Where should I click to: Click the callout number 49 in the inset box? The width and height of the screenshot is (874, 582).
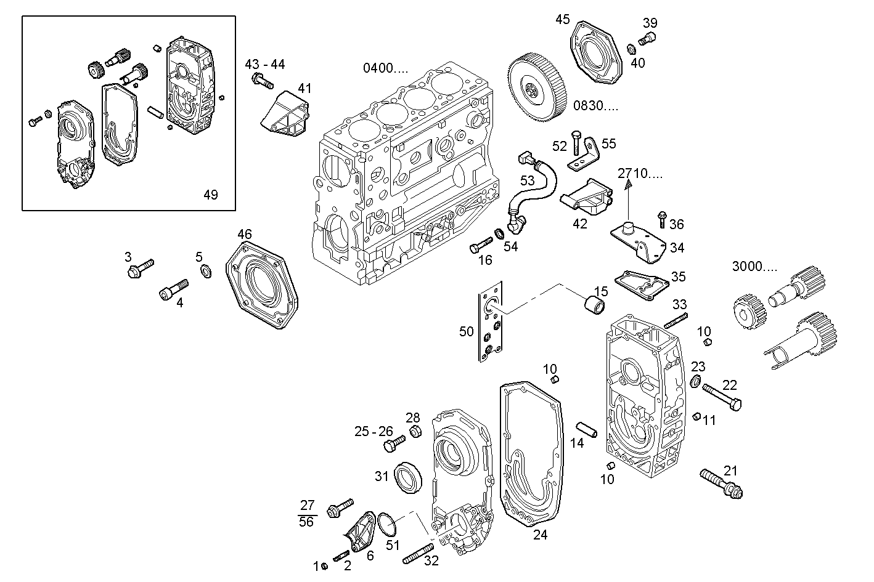(210, 195)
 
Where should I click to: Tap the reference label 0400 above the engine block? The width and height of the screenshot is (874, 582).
(385, 68)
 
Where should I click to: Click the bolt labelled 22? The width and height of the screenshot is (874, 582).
(721, 396)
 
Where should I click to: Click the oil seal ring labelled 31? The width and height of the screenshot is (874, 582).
(408, 477)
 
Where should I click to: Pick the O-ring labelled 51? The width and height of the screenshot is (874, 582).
(387, 524)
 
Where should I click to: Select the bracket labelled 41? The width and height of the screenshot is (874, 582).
(286, 114)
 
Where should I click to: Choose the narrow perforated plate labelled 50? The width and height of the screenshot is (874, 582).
(491, 322)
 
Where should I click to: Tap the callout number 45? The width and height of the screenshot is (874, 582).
(562, 20)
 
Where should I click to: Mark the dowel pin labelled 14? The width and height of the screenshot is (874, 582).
(587, 429)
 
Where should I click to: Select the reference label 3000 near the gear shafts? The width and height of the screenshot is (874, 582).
(754, 267)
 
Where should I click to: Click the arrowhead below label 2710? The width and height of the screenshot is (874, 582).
(628, 183)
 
